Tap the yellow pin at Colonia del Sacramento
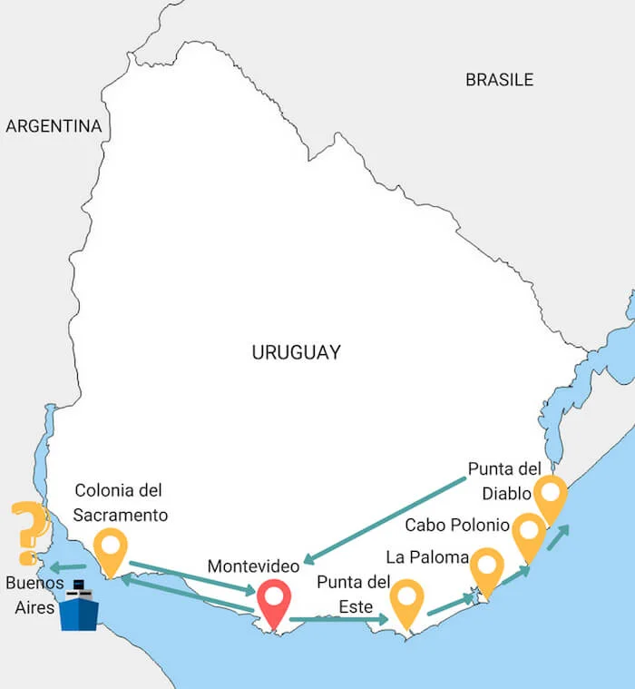tap(111, 550)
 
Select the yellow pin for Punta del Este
tap(406, 601)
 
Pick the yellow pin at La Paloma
tap(486, 570)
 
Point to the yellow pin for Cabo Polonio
tap(528, 535)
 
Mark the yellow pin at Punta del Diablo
tap(550, 497)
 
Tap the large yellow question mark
tap(28, 532)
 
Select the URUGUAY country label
tap(296, 352)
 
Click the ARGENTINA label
tap(54, 126)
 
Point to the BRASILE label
tap(499, 80)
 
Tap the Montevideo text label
tap(253, 566)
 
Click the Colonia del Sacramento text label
tap(121, 503)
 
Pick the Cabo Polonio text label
tap(456, 525)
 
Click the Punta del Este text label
tap(353, 594)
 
